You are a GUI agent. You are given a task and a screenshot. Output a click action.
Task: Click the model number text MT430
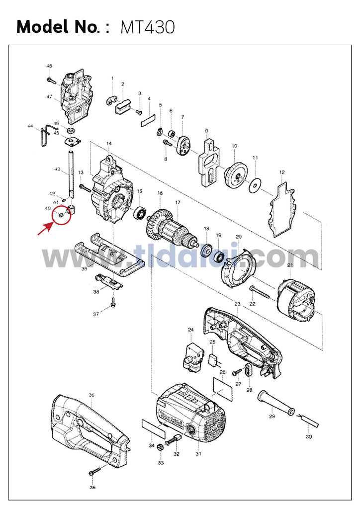(148, 27)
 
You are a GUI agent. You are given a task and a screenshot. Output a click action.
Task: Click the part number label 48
(49, 66)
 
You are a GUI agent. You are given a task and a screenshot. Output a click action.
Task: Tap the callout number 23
(237, 304)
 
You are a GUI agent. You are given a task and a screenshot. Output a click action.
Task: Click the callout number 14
(109, 144)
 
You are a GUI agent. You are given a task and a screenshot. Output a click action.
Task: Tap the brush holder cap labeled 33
(160, 449)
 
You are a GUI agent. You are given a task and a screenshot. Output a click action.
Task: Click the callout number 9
(206, 131)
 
